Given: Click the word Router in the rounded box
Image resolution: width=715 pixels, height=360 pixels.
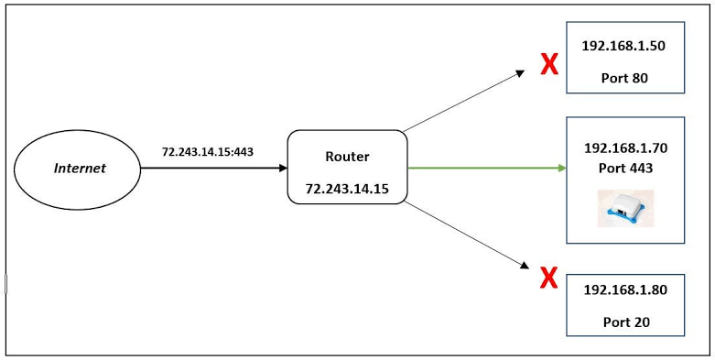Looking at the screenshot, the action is pyautogui.click(x=348, y=157).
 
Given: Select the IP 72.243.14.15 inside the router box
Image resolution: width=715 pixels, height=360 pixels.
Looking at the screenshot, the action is pyautogui.click(x=347, y=188).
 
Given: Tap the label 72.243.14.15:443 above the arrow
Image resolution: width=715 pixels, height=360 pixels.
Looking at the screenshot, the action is pyautogui.click(x=208, y=152).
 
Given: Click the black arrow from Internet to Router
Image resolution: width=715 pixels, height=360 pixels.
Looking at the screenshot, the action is pyautogui.click(x=214, y=168).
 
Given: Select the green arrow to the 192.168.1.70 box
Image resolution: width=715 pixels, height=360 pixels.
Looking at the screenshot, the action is pyautogui.click(x=486, y=168).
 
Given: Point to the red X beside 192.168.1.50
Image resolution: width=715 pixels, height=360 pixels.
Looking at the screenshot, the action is pyautogui.click(x=549, y=64).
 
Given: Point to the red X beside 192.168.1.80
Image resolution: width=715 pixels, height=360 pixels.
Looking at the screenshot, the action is pyautogui.click(x=548, y=278).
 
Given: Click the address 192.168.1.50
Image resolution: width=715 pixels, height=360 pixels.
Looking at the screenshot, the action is pyautogui.click(x=623, y=46).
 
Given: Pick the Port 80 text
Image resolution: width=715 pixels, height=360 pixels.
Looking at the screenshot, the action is pyautogui.click(x=624, y=79).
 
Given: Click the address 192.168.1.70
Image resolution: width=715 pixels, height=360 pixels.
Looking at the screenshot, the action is pyautogui.click(x=625, y=148).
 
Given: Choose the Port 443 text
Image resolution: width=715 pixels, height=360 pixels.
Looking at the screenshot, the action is pyautogui.click(x=625, y=168).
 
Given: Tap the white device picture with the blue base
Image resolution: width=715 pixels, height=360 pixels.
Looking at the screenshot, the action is pyautogui.click(x=625, y=208).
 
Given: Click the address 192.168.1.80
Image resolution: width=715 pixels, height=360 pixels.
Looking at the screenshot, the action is pyautogui.click(x=625, y=289).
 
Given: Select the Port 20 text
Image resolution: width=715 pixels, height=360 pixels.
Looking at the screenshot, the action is pyautogui.click(x=626, y=322).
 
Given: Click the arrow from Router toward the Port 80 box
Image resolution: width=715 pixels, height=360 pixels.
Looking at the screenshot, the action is pyautogui.click(x=464, y=101).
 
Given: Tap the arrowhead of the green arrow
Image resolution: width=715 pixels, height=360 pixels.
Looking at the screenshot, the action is pyautogui.click(x=562, y=168).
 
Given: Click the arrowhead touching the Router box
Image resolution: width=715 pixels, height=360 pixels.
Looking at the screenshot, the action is pyautogui.click(x=283, y=168).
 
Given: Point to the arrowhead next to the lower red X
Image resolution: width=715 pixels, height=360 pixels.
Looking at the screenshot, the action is pyautogui.click(x=525, y=266).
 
